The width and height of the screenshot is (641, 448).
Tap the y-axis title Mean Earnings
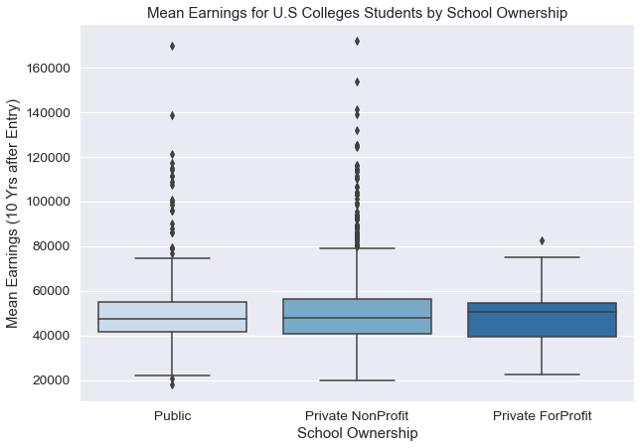pyautogui.click(x=14, y=213)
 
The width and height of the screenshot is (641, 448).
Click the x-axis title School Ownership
pyautogui.click(x=357, y=434)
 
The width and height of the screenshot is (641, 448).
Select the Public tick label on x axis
pyautogui.click(x=172, y=415)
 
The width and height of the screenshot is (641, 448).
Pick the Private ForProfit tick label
pyautogui.click(x=542, y=415)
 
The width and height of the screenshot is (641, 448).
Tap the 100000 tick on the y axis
pyautogui.click(x=48, y=202)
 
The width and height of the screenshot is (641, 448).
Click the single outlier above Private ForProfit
pyautogui.click(x=542, y=240)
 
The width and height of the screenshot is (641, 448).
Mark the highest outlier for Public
pyautogui.click(x=172, y=46)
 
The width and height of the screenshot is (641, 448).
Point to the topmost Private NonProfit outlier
pyautogui.click(x=357, y=41)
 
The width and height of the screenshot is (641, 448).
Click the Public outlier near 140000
pyautogui.click(x=172, y=115)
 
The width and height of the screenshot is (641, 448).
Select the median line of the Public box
pyautogui.click(x=172, y=319)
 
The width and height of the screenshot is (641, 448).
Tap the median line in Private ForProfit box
pyautogui.click(x=542, y=312)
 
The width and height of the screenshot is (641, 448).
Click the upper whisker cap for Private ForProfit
pyautogui.click(x=542, y=257)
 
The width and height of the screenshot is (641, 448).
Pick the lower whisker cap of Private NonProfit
pyautogui.click(x=357, y=380)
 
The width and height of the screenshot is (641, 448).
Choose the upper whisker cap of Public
pyautogui.click(x=172, y=258)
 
